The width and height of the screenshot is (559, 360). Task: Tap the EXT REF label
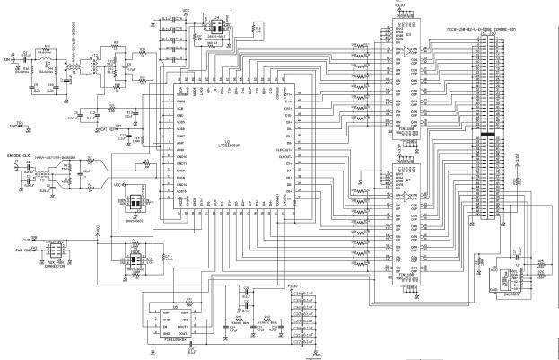(x=111, y=129)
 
